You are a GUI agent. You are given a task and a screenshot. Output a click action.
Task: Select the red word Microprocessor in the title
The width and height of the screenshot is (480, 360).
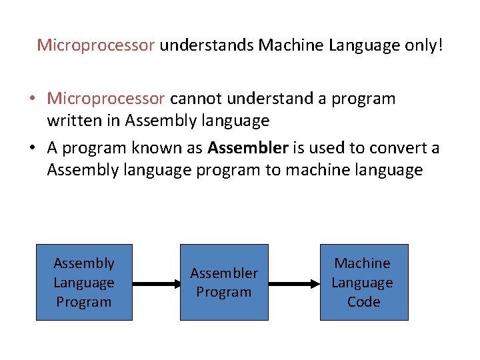pos(96,45)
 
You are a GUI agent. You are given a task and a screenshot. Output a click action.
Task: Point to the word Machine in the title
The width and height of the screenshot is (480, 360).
pos(289,45)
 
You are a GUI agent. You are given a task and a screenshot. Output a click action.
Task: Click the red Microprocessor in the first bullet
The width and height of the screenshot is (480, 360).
pos(105,99)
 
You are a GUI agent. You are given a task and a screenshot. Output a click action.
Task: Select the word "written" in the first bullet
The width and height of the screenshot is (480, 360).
pos(75,121)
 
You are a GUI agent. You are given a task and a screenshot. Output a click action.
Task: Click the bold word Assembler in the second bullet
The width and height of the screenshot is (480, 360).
pos(248,147)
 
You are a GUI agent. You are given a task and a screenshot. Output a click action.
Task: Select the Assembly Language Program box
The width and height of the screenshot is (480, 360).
pos(84,283)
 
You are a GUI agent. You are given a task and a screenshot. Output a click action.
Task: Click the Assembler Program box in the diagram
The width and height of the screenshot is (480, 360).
pos(224,283)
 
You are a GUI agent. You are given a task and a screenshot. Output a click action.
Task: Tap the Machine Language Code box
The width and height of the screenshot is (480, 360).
pos(363,283)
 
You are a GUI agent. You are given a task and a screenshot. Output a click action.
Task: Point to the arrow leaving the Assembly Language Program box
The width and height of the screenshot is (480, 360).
pos(156,283)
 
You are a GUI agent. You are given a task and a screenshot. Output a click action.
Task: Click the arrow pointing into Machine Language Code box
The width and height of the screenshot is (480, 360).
pos(294,283)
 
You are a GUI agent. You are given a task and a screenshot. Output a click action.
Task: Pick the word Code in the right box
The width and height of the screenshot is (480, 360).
pos(363,302)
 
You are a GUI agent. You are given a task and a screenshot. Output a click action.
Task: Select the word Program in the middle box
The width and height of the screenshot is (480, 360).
pos(224,293)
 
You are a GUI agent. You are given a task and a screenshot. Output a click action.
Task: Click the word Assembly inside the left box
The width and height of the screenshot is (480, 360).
pos(84,263)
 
